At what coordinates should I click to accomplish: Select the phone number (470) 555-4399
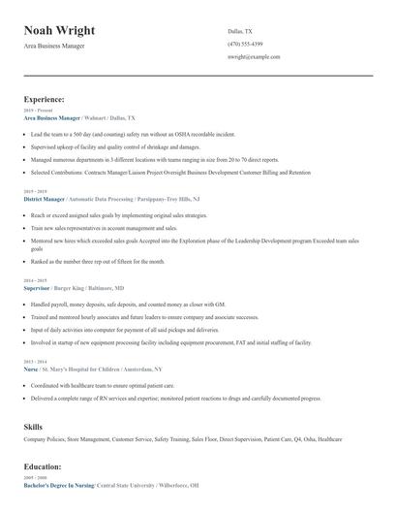point(245,44)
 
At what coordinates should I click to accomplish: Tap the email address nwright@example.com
point(254,57)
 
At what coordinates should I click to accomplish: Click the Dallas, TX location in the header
point(239,31)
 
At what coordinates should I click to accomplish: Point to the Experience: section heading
point(45,99)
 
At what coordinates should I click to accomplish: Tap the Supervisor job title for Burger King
point(37,289)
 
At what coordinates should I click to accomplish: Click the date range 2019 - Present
point(39,111)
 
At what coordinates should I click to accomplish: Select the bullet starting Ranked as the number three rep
point(98,262)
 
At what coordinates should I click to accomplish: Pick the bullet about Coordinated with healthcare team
point(104,385)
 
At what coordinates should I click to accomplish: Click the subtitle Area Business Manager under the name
point(58,48)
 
